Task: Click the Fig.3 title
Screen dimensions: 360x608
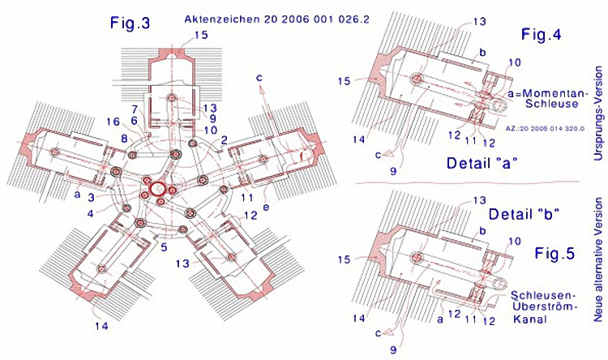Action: (130, 24)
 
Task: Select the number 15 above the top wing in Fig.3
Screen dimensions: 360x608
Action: (200, 35)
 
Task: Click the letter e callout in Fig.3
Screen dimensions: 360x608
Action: (265, 207)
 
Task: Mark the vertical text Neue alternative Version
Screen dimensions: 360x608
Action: (597, 265)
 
